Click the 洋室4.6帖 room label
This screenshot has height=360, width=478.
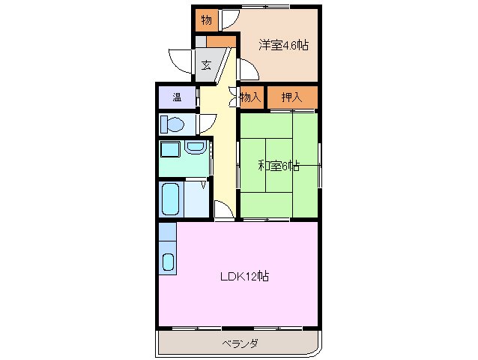tap(284, 45)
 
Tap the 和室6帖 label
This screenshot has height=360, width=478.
tap(279, 166)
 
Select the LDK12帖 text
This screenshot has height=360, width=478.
tap(244, 277)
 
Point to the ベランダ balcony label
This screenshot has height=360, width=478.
tap(240, 343)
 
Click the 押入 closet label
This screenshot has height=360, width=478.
tap(291, 97)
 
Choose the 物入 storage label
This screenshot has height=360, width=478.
tap(251, 97)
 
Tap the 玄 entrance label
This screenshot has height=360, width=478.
tap(206, 64)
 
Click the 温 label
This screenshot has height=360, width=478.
tap(177, 97)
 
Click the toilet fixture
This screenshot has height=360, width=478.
tap(173, 124)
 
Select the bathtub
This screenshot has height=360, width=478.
tap(172, 199)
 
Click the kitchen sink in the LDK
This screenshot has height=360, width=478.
tap(168, 262)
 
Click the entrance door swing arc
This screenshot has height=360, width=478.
tap(181, 60)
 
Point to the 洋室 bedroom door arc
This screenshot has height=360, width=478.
tap(249, 70)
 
